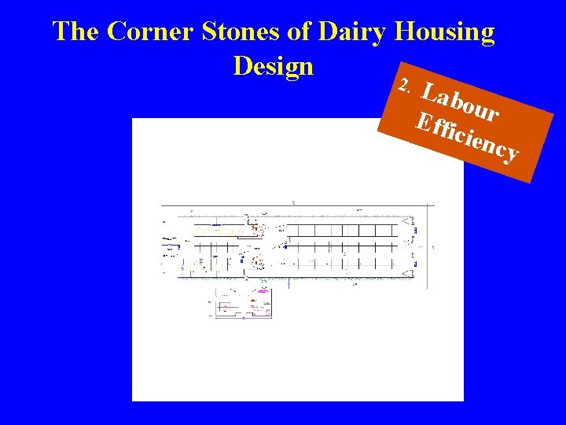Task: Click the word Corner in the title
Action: pyautogui.click(x=151, y=32)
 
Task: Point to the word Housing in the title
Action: pyautogui.click(x=446, y=32)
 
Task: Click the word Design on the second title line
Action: pyautogui.click(x=274, y=66)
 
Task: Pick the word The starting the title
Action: pyautogui.click(x=76, y=32)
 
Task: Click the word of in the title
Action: pyautogui.click(x=303, y=32)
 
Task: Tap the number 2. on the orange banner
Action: pyautogui.click(x=405, y=85)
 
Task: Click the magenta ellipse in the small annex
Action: pyautogui.click(x=263, y=291)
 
